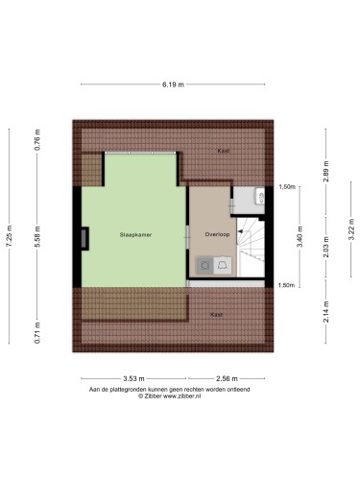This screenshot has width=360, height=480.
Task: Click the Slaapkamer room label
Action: pyautogui.click(x=135, y=234)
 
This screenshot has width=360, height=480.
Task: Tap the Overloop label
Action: pyautogui.click(x=217, y=234)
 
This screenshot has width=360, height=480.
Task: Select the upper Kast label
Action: pyautogui.click(x=224, y=151)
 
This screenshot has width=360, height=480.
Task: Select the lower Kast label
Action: pyautogui.click(x=216, y=315)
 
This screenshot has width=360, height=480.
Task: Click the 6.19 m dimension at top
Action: pyautogui.click(x=173, y=84)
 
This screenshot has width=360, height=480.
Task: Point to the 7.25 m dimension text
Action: pyautogui.click(x=9, y=236)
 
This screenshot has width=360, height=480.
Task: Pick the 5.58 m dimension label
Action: pyautogui.click(x=37, y=236)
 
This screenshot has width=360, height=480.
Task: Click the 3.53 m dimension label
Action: pyautogui.click(x=133, y=379)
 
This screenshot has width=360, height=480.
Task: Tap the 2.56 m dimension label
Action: pyautogui.click(x=227, y=379)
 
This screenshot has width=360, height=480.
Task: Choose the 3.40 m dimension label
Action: pyautogui.click(x=300, y=237)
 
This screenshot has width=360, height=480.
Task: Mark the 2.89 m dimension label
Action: pyautogui.click(x=325, y=172)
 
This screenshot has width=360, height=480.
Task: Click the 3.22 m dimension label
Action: pyautogui.click(x=351, y=229)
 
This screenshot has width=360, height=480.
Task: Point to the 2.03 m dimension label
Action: pyautogui.click(x=325, y=247)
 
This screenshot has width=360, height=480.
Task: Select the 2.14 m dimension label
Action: pyautogui.click(x=325, y=312)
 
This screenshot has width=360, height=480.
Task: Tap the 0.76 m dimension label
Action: pyautogui.click(x=37, y=140)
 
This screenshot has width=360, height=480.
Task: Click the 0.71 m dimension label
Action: pyautogui.click(x=37, y=333)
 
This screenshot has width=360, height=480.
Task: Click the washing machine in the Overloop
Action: pyautogui.click(x=204, y=265)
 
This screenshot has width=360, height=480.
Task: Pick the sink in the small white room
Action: pyautogui.click(x=260, y=196)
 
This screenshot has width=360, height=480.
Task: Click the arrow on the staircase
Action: pyautogui.click(x=240, y=231)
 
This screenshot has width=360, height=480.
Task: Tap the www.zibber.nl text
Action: pyautogui.click(x=182, y=396)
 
